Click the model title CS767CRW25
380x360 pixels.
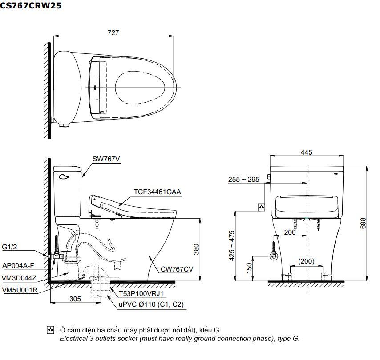point(31,6)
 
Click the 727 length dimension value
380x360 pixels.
point(113,32)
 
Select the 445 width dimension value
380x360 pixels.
point(306,152)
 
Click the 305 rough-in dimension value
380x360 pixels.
point(75,299)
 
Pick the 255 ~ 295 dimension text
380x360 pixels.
point(243,180)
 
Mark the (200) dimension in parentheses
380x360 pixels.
point(306,261)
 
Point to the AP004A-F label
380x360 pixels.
point(18,265)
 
